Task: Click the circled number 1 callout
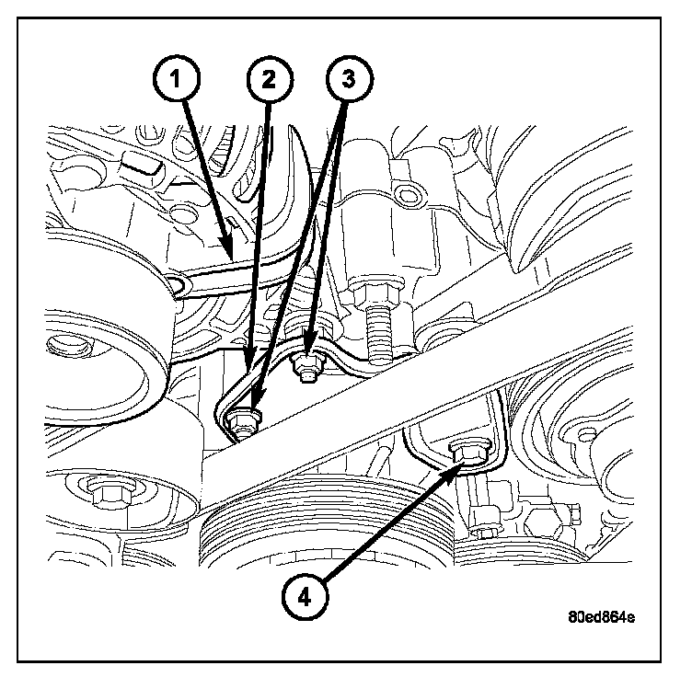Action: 180,81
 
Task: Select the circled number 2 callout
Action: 268,81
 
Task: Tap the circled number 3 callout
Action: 348,81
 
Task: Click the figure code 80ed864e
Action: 601,615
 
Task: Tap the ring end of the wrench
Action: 179,288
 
